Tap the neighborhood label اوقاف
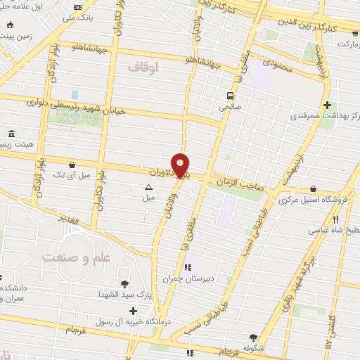(x=145, y=67)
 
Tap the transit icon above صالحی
(x=229, y=96)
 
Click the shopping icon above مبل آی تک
(x=72, y=165)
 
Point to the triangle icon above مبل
(x=148, y=188)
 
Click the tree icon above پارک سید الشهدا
(x=124, y=284)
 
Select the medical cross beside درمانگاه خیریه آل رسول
(x=134, y=310)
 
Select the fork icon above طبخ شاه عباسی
(x=325, y=219)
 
